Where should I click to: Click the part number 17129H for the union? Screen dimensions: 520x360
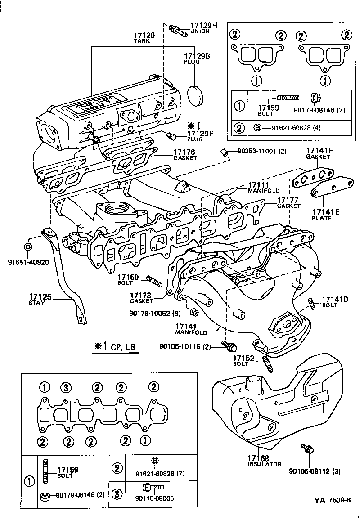click(203, 26)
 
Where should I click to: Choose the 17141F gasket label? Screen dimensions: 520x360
click(320, 151)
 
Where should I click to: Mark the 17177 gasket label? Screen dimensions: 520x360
click(288, 200)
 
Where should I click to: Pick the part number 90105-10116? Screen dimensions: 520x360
click(184, 346)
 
